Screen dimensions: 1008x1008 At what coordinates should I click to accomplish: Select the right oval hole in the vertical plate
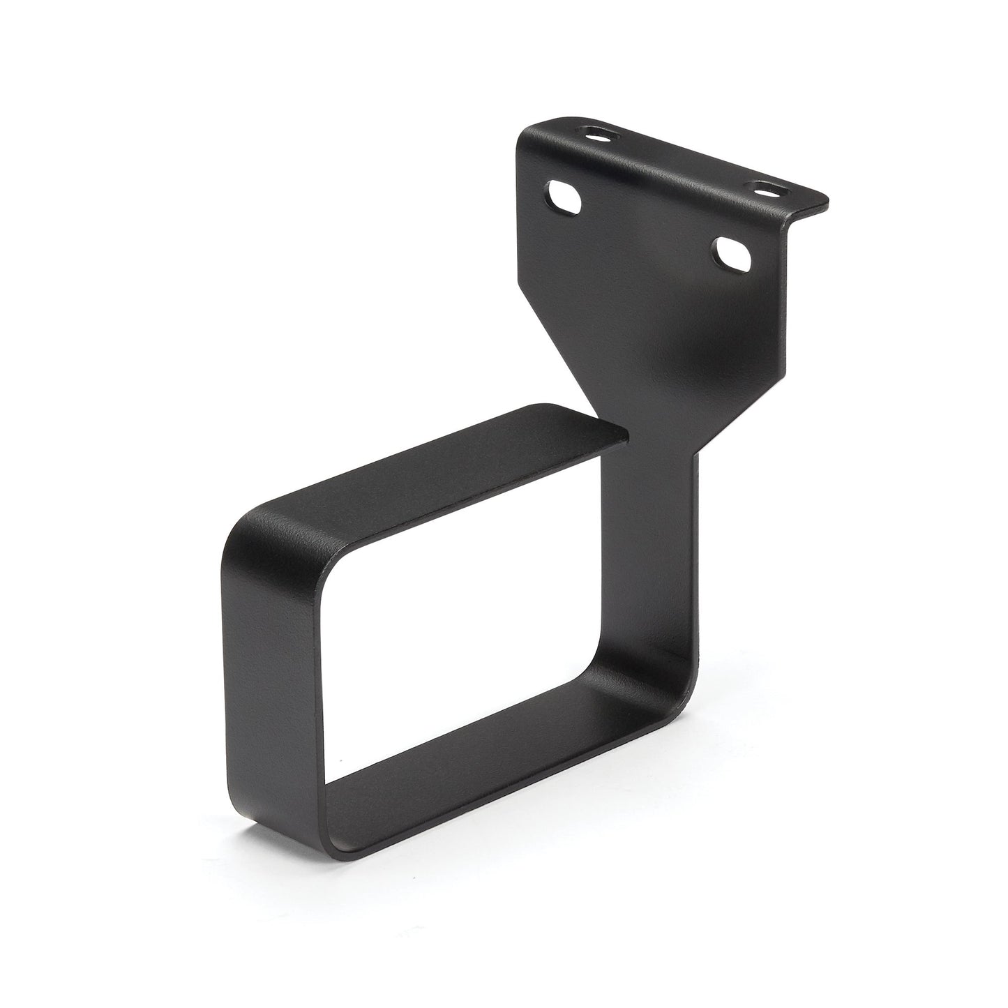tap(732, 256)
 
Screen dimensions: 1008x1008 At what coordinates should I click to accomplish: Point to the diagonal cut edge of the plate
tap(558, 349)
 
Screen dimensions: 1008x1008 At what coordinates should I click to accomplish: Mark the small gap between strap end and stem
tap(626, 439)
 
